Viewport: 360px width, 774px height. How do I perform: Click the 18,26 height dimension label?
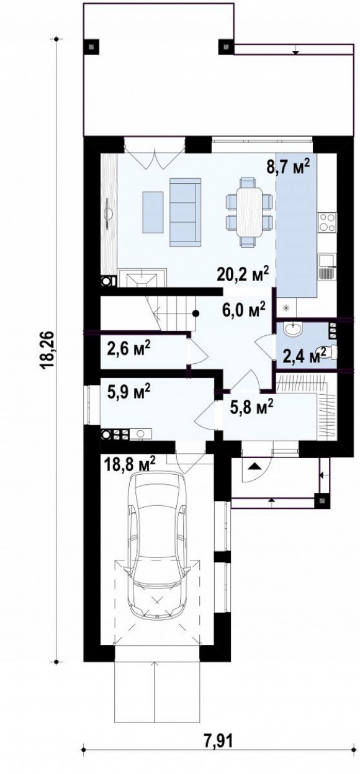pyautogui.click(x=48, y=350)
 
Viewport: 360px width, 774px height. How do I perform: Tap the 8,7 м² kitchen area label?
pyautogui.click(x=287, y=167)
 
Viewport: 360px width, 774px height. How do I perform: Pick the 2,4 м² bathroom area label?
pyautogui.click(x=304, y=355)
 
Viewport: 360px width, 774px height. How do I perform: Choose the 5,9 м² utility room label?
pyautogui.click(x=128, y=392)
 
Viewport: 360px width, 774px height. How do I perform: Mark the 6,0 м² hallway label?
pyautogui.click(x=244, y=308)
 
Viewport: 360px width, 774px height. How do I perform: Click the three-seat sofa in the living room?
pyautogui.click(x=185, y=212)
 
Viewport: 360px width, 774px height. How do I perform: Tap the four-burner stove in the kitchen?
pyautogui.click(x=327, y=222)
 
